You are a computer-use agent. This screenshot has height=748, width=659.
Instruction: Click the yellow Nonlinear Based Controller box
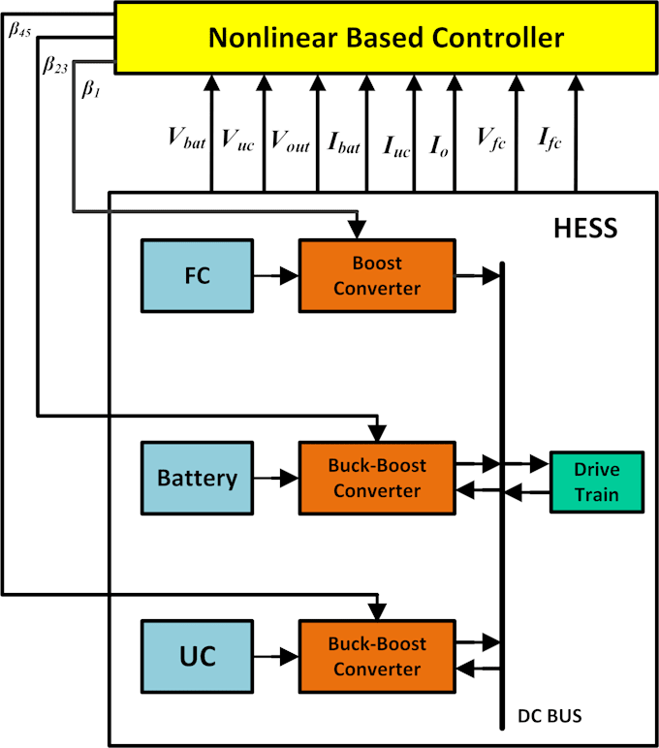pyautogui.click(x=386, y=39)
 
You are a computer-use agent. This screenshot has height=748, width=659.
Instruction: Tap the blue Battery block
pyautogui.click(x=197, y=478)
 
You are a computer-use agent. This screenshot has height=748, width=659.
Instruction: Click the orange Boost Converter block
pyautogui.click(x=377, y=275)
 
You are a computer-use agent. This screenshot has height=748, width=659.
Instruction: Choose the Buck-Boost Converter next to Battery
pyautogui.click(x=377, y=478)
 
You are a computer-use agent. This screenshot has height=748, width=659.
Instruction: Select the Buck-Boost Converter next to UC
pyautogui.click(x=377, y=656)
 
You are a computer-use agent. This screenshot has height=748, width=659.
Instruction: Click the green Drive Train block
pyautogui.click(x=597, y=481)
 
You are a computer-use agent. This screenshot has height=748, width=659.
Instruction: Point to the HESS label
pyautogui.click(x=584, y=230)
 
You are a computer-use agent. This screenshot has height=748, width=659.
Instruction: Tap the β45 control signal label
pyautogui.click(x=19, y=29)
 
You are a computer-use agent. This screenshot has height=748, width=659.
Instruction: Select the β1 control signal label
pyautogui.click(x=90, y=90)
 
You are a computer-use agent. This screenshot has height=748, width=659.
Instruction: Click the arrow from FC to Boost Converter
pyautogui.click(x=275, y=276)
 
